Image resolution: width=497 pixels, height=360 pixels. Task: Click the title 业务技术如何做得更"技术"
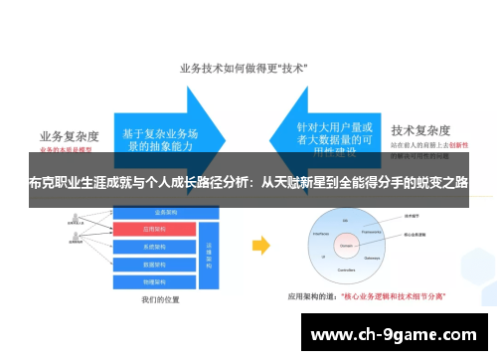(243, 70)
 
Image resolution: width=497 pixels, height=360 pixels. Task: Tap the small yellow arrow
(260, 244)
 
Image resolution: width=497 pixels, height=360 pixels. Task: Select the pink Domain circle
(347, 242)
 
